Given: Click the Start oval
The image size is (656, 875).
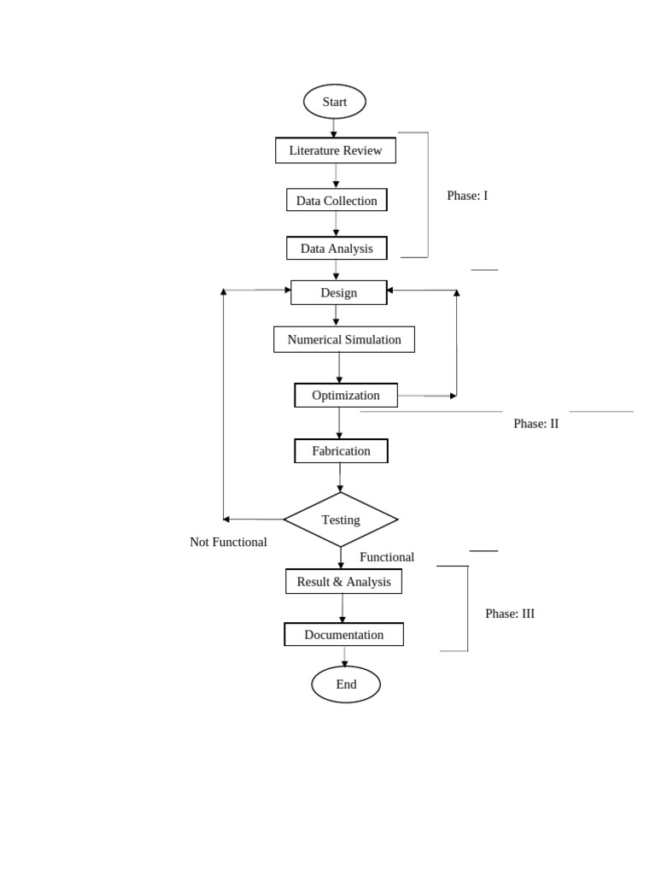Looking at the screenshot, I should point(335,102).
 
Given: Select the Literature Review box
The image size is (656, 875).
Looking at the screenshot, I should point(336,150).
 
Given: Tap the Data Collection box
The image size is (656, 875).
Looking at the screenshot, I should point(337,201).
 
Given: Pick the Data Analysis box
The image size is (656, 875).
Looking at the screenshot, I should point(337,249).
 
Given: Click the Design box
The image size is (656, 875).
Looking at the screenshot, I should point(338,292).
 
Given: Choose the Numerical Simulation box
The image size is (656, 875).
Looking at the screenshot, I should point(344,339).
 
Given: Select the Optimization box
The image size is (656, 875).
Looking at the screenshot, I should point(345,395).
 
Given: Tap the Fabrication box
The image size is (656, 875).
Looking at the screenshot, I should point(341,450).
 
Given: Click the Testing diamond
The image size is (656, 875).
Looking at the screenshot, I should point(341,520).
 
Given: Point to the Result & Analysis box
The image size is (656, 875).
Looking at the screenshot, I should point(343,582).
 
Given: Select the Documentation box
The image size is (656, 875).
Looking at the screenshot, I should point(343,635).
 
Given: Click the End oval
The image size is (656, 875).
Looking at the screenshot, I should point(346,684).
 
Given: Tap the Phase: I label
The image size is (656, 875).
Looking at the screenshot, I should point(467,196).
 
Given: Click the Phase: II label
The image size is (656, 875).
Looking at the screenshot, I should point(536,423).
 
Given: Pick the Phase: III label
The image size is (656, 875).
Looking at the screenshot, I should point(510,614).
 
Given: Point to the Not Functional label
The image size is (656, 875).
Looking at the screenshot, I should point(228,542).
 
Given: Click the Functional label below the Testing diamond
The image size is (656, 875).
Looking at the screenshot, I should point(387,557).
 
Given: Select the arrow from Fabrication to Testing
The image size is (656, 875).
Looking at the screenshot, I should point(340,478).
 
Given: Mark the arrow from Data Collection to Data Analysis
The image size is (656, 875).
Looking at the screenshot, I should point(337,224).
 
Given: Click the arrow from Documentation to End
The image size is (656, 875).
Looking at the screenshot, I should point(345,656).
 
